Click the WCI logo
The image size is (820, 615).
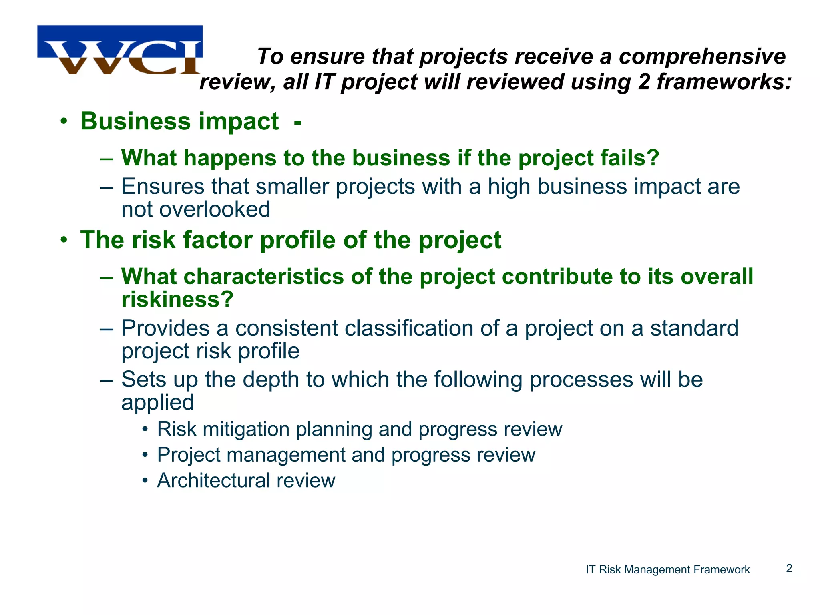120,50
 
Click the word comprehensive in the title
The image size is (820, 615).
702,56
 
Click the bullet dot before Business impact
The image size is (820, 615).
64,121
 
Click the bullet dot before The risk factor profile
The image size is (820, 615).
64,240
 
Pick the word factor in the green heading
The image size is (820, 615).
217,240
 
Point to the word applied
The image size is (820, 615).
157,402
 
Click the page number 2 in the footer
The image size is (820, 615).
789,569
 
